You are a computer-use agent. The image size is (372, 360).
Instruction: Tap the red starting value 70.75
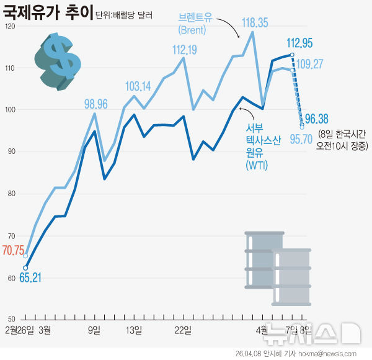coord(13,251)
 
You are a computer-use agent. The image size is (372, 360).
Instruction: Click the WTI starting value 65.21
coord(30,277)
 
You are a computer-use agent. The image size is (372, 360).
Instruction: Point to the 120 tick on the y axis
coord(8,26)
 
